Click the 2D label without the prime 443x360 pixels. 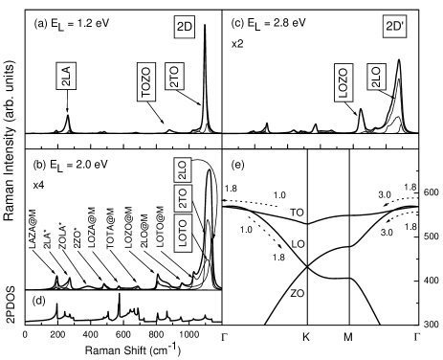(185, 28)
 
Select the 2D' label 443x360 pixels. (395, 28)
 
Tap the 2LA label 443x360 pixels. (66, 77)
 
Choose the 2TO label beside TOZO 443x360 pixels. (173, 77)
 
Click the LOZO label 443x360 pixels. (344, 82)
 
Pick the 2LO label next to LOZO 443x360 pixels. (376, 77)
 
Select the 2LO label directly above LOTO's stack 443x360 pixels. (183, 170)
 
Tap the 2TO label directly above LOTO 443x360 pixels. (183, 198)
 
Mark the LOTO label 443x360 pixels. (183, 232)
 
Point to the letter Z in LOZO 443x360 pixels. (344, 79)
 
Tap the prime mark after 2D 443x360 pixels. (404, 26)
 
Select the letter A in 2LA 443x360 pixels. (66, 70)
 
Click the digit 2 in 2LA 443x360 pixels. (66, 83)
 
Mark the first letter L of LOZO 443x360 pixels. (344, 95)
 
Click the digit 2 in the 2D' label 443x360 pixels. (388, 28)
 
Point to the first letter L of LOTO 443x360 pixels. (183, 244)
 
